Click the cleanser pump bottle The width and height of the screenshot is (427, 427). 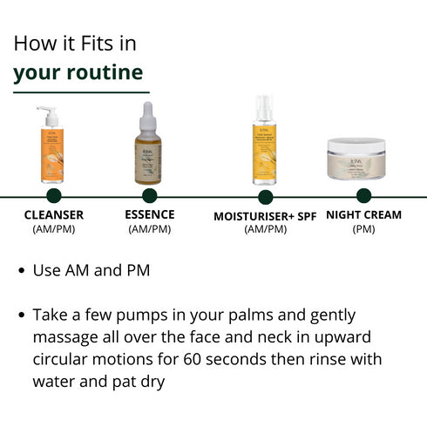pyautogui.click(x=54, y=152)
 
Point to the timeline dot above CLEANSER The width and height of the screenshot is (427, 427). pyautogui.click(x=54, y=195)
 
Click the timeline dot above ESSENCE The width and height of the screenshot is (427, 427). pyautogui.click(x=149, y=195)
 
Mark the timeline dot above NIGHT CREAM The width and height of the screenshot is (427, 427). pyautogui.click(x=363, y=195)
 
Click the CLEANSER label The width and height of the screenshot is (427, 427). pyautogui.click(x=54, y=215)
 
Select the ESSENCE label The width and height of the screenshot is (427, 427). pyautogui.click(x=149, y=214)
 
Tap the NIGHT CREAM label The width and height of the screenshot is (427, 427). pyautogui.click(x=363, y=214)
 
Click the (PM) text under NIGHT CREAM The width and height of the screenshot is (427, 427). pyautogui.click(x=363, y=229)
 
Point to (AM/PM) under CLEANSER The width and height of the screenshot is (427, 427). pyautogui.click(x=54, y=229)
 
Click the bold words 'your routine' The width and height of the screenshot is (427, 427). pyautogui.click(x=78, y=71)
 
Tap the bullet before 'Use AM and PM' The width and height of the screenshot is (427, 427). pyautogui.click(x=21, y=271)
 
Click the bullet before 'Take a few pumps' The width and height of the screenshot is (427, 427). pyautogui.click(x=21, y=315)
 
